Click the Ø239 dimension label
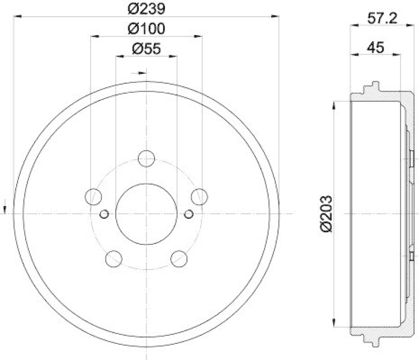[146, 8]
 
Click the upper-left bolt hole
[93, 196]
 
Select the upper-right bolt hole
[200, 196]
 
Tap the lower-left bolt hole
[113, 258]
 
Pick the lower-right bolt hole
[179, 258]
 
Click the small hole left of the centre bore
[104, 213]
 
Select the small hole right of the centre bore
[189, 213]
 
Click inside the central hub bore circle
[146, 213]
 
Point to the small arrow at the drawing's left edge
[5, 207]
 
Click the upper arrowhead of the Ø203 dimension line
[334, 105]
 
